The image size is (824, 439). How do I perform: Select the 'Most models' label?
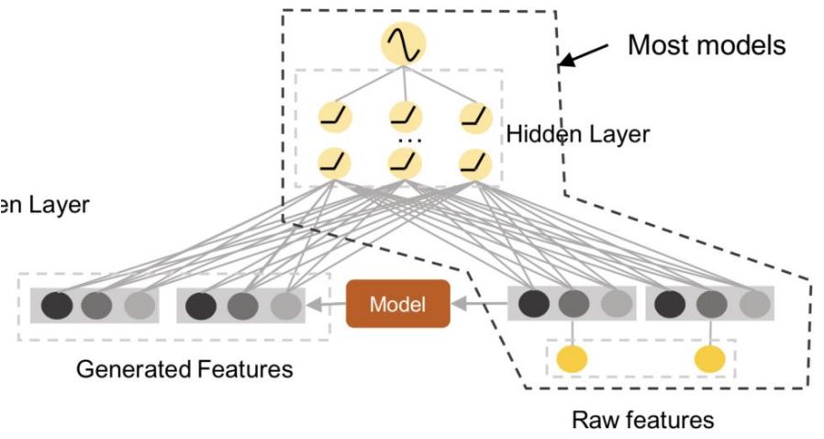[706, 45]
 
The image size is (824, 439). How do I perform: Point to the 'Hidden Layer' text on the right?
[577, 134]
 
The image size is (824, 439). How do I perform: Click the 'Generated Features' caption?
[184, 369]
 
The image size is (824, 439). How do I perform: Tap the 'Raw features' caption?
[642, 421]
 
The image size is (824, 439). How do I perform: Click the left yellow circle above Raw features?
[573, 358]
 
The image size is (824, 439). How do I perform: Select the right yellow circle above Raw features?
[709, 358]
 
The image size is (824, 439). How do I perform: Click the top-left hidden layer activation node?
[331, 118]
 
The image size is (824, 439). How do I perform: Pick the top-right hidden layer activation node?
[474, 118]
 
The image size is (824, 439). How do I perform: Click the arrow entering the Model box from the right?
[480, 305]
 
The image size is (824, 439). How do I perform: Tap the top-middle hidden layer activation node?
[404, 118]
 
